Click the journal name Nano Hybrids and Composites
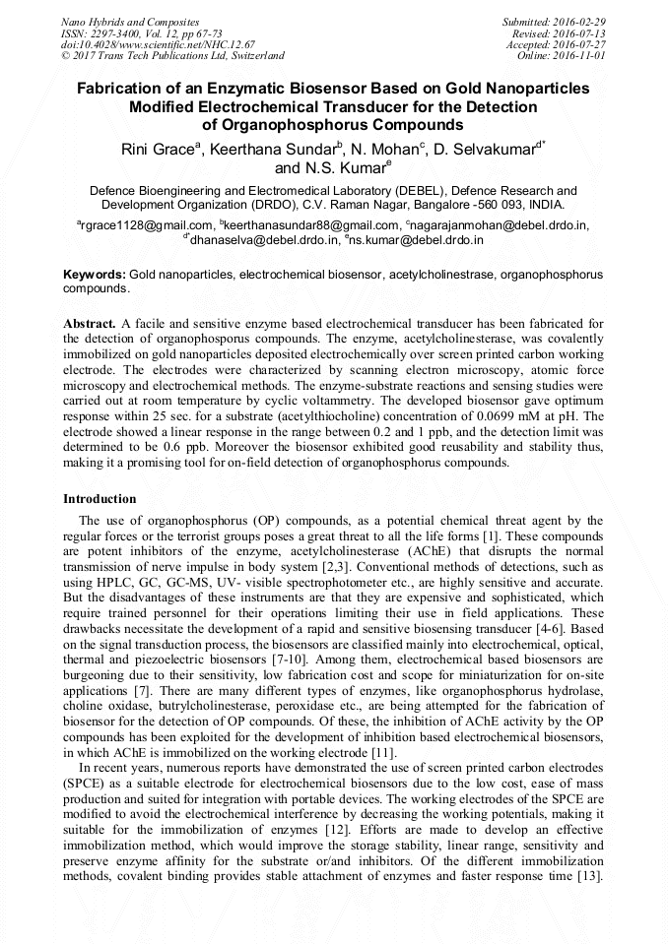[x=130, y=22]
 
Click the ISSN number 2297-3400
[x=119, y=33]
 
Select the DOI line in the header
[x=158, y=44]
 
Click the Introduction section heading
[x=100, y=499]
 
